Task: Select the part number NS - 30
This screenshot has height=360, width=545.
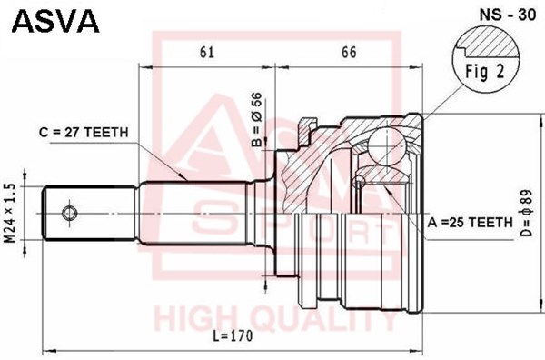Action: click(508, 15)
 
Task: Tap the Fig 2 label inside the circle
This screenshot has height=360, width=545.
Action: click(484, 72)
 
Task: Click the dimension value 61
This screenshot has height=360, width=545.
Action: click(207, 52)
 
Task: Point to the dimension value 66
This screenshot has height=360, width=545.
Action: click(349, 52)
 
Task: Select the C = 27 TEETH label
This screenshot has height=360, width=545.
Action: click(84, 133)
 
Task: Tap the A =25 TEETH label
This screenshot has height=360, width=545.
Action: click(471, 222)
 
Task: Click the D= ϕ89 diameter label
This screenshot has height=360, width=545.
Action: click(526, 214)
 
